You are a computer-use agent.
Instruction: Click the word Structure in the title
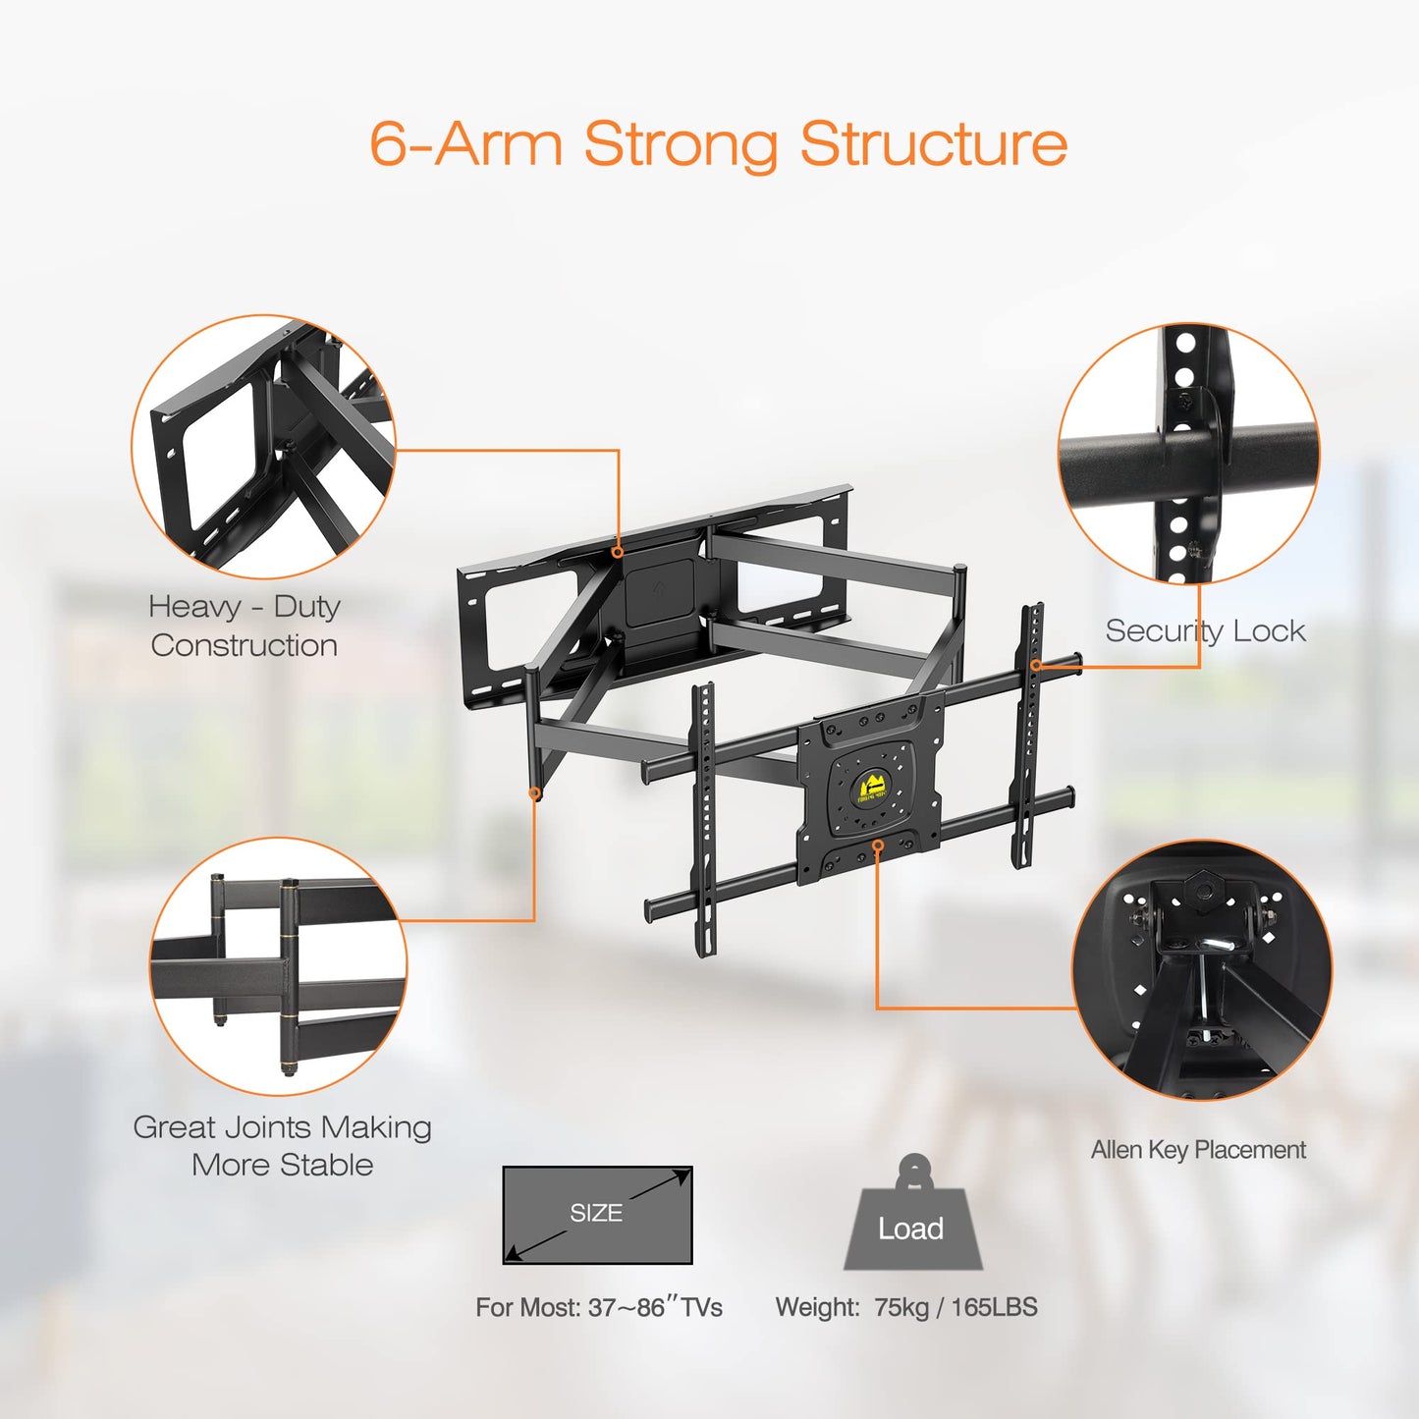933,144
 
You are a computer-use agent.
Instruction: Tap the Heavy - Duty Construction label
245,626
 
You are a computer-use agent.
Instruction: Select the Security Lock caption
1205,630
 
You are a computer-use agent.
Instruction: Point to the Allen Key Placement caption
1198,1150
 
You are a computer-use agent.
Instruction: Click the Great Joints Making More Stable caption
282,1146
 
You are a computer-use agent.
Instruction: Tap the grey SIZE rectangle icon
597,1215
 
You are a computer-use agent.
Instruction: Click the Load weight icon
912,1218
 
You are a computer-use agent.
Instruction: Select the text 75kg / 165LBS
955,1307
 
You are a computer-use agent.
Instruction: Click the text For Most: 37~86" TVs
599,1308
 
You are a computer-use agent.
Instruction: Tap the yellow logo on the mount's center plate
871,788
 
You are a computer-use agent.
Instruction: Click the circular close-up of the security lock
1188,454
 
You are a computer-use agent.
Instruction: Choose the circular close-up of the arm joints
278,967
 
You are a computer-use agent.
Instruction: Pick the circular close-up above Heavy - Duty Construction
263,447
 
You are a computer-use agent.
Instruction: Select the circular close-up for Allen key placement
1202,970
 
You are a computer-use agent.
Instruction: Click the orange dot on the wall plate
618,552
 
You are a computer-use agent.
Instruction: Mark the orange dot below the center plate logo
878,845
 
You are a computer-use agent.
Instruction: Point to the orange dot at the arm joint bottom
535,792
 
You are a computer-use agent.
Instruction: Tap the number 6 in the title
387,145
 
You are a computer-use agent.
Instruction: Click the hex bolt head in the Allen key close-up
1201,890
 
